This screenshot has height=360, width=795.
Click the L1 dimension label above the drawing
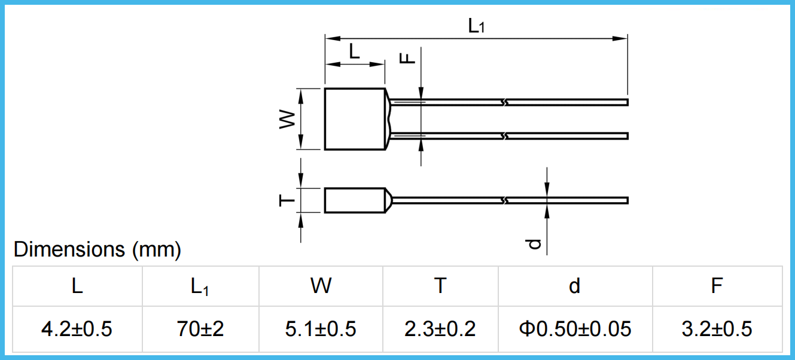[x=476, y=26]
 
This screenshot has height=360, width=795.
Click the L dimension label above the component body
[x=354, y=52]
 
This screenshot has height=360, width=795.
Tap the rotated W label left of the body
[x=288, y=119]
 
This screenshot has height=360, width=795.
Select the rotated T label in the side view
[x=288, y=200]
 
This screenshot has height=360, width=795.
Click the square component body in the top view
[x=355, y=119]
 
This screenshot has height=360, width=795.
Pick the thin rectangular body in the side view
[x=355, y=200]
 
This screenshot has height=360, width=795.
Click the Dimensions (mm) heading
[x=97, y=249]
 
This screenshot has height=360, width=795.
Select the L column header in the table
[x=77, y=286]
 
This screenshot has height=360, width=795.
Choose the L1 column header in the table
[x=200, y=287]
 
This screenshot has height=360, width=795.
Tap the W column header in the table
[x=321, y=286]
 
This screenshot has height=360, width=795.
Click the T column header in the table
[x=440, y=286]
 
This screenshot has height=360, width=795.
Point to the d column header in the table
[x=574, y=286]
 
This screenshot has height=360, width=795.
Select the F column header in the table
[x=717, y=286]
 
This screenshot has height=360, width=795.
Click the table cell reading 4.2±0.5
[x=77, y=329]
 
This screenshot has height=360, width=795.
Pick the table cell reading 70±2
[x=200, y=329]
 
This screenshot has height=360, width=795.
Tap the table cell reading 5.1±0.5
[x=321, y=329]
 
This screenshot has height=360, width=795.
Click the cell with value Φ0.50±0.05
[x=574, y=329]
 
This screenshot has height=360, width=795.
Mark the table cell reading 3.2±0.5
[x=717, y=329]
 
